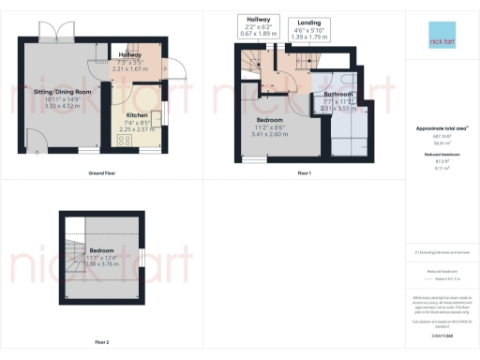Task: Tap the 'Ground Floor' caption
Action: click(102, 174)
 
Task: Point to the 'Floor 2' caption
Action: click(102, 341)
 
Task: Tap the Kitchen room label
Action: click(138, 116)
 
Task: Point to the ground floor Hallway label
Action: click(130, 56)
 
